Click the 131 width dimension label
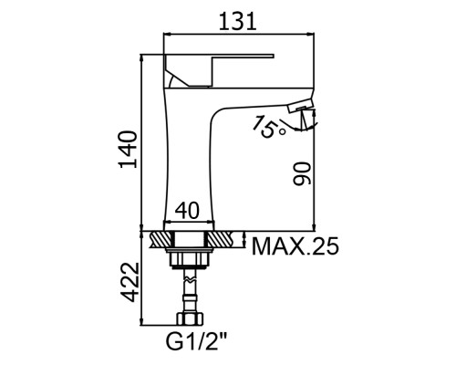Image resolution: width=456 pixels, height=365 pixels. tap(238, 21)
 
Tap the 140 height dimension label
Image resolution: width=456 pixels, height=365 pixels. tap(128, 150)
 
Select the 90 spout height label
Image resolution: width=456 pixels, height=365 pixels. tap(303, 173)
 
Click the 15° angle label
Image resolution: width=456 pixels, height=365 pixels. tap(270, 127)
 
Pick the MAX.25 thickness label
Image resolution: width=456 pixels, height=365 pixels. tap(295, 246)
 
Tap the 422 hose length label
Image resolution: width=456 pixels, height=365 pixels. tap(130, 282)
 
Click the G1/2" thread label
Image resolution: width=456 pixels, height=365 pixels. tap(196, 341)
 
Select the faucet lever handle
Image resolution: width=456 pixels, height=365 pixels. tap(219, 70)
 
